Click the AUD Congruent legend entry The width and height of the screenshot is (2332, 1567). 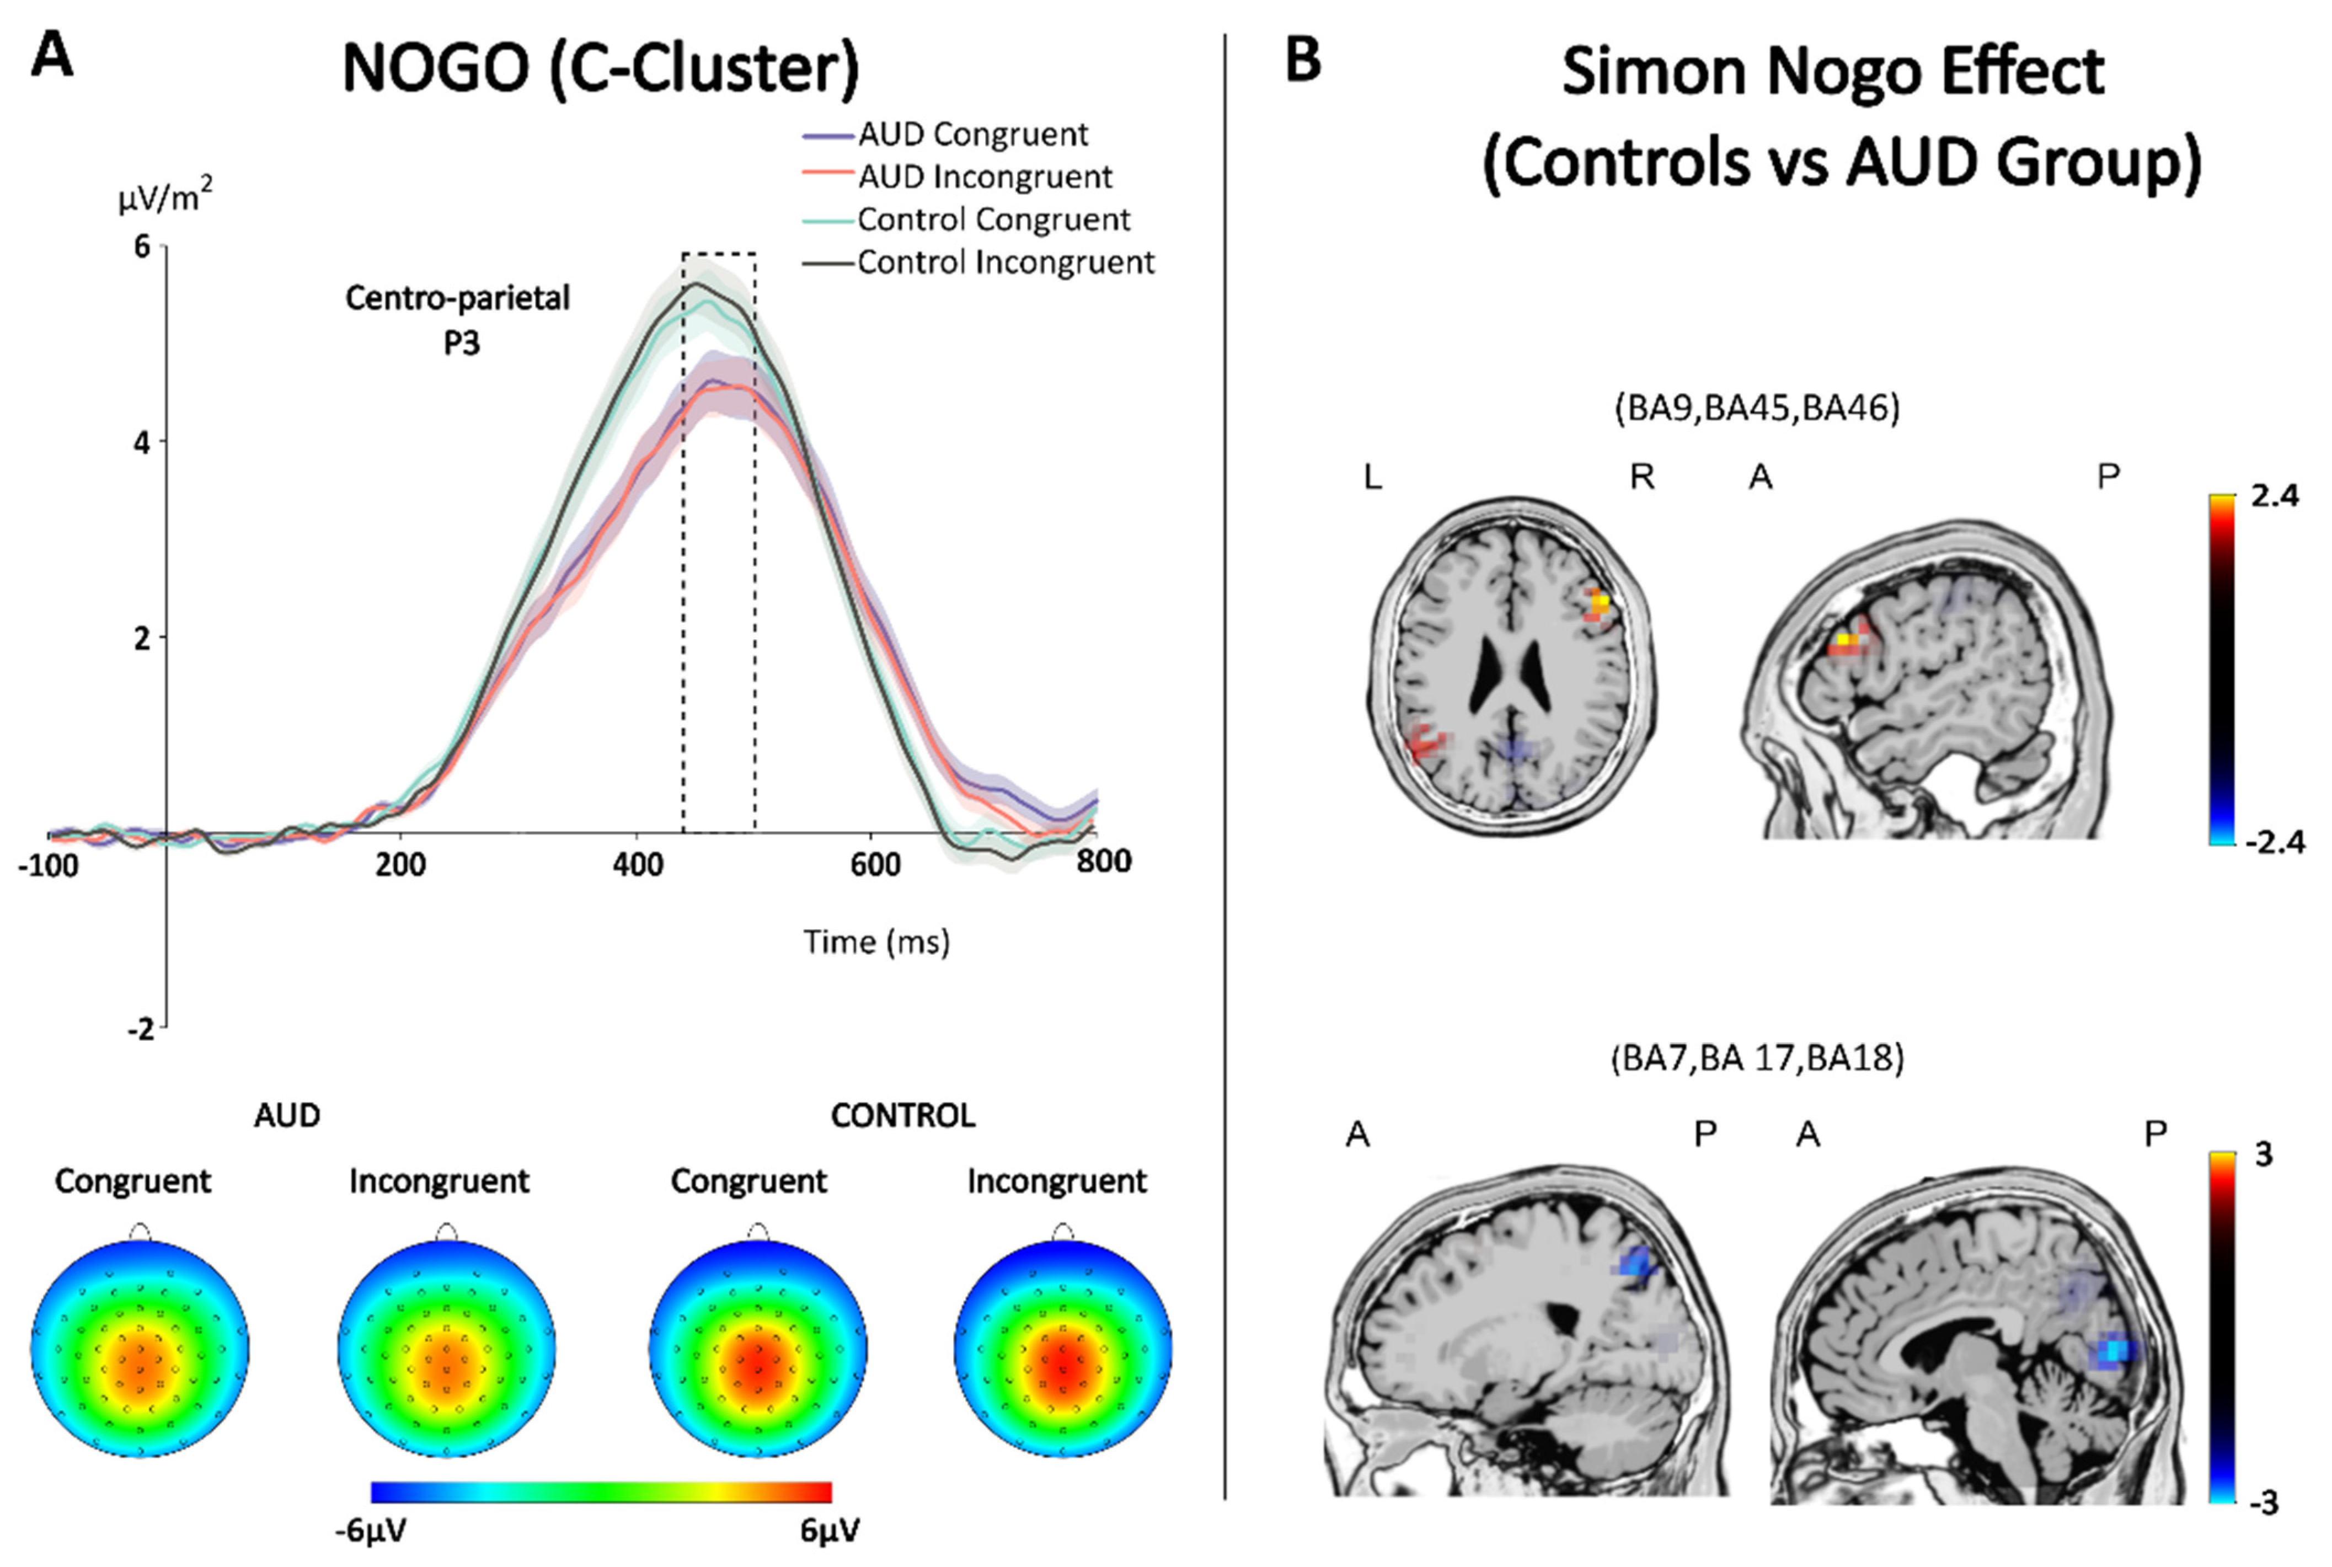click(971, 134)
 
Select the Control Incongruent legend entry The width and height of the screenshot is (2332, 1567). click(1004, 262)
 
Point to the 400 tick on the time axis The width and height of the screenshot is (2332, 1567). click(638, 863)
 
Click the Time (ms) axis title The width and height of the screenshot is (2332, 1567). click(876, 942)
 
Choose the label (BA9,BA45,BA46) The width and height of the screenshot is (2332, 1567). click(1757, 408)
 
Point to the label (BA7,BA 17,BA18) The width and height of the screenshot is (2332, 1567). click(1757, 1057)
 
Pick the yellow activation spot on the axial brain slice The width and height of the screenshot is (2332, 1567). click(1600, 603)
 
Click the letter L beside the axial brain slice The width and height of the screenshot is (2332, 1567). click(1373, 478)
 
